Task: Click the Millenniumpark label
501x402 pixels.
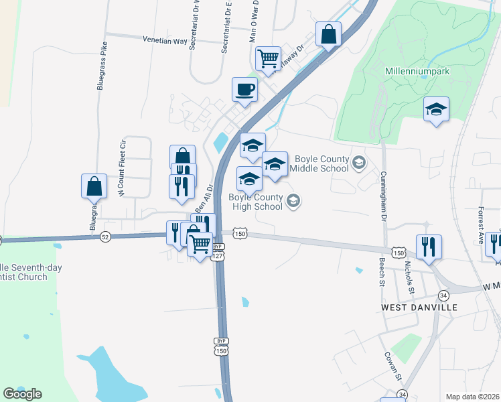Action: coord(417,71)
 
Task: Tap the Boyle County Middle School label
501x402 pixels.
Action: coord(320,163)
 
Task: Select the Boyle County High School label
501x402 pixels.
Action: coord(255,202)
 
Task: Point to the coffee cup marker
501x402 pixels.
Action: coord(244,89)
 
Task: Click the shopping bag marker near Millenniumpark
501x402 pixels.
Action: coord(328,34)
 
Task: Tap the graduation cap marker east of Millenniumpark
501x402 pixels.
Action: coord(436,110)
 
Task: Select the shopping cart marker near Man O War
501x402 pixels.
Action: coord(268,58)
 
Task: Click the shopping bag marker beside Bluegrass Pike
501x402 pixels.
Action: coord(94,186)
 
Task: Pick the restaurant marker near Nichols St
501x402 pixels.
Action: coord(428,247)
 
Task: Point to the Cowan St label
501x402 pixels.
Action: coord(392,366)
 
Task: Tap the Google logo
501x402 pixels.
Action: coord(22,394)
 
